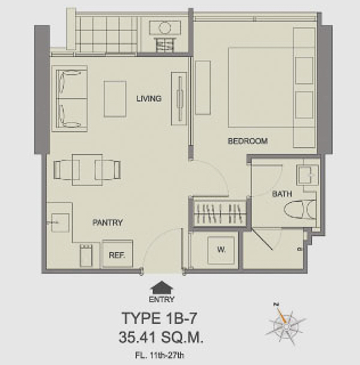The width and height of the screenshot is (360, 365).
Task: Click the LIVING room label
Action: (149, 98)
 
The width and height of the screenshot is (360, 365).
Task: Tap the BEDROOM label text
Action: (248, 141)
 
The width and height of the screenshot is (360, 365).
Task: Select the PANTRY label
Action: (107, 223)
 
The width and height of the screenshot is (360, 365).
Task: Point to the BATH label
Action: (282, 194)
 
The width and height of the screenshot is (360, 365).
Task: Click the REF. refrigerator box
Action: (118, 254)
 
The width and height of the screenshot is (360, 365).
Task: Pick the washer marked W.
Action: (221, 250)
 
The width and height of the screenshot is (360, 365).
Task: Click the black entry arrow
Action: (162, 288)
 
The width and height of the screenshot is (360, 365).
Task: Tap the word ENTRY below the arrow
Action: (162, 300)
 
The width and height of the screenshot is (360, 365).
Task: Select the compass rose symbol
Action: (286, 324)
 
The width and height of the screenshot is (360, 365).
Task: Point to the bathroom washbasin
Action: (307, 175)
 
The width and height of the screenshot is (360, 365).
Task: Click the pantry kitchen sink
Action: (60, 223)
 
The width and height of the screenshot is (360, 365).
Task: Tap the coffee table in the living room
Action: (115, 99)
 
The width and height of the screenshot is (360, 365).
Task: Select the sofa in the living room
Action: (70, 98)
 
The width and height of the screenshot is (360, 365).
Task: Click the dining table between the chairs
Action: (87, 170)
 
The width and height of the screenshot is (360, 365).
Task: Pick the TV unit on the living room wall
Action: (179, 98)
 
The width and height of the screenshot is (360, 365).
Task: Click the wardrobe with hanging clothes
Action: (220, 214)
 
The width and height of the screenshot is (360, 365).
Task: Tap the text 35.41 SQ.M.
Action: (161, 337)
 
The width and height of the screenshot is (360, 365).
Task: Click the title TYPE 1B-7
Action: (160, 318)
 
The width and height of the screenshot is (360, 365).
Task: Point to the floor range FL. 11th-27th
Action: (160, 355)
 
